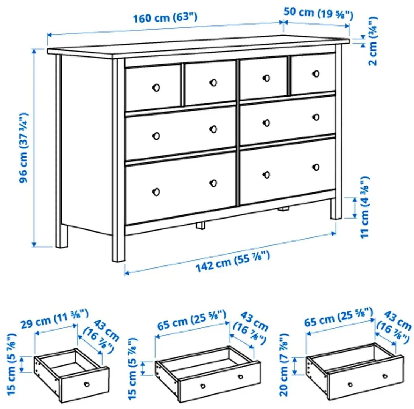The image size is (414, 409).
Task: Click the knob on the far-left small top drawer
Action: point(156,87)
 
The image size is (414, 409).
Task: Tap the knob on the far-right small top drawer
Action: point(316,73)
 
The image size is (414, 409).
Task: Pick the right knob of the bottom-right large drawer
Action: point(316,167)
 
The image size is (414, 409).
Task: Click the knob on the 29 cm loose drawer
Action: point(87,384)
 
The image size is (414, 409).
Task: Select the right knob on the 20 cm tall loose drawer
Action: point(385,376)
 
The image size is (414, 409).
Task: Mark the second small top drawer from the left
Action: point(210,83)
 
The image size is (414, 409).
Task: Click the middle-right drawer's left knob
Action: point(266,122)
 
